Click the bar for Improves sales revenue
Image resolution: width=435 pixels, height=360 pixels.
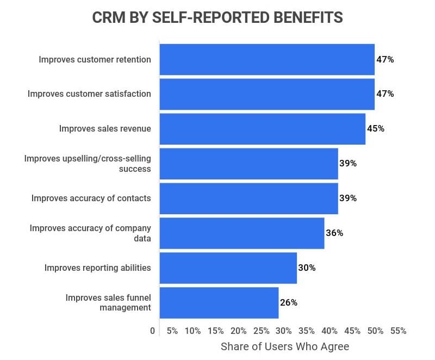pos(262,129)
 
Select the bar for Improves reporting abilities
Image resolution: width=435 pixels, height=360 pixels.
pos(228,268)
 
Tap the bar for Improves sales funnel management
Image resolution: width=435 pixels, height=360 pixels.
pos(219,302)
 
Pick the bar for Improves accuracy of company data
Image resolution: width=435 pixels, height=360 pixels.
pos(241,233)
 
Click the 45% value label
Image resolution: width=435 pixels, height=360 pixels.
pos(375,129)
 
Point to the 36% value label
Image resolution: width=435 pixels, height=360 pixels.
pos(334,233)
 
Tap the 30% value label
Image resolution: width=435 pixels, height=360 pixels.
pos(307,268)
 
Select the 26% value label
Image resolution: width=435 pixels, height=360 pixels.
pos(289,302)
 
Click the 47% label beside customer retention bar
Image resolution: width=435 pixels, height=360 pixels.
pos(384,59)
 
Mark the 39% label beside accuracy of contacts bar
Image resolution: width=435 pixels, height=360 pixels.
pos(348,198)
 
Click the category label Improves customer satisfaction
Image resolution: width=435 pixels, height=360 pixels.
pos(89,94)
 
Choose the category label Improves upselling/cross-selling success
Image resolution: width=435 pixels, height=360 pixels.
pos(88,163)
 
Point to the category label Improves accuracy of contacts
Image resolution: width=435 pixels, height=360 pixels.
pos(91,198)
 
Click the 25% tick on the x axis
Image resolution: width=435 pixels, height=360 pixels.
pos(261,331)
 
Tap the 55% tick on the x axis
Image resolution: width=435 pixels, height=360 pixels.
pos(398,331)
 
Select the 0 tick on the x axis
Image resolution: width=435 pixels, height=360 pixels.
pos(152,331)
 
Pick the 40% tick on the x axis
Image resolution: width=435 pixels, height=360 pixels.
pos(330,331)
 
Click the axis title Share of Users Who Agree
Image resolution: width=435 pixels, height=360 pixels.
pos(285,346)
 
